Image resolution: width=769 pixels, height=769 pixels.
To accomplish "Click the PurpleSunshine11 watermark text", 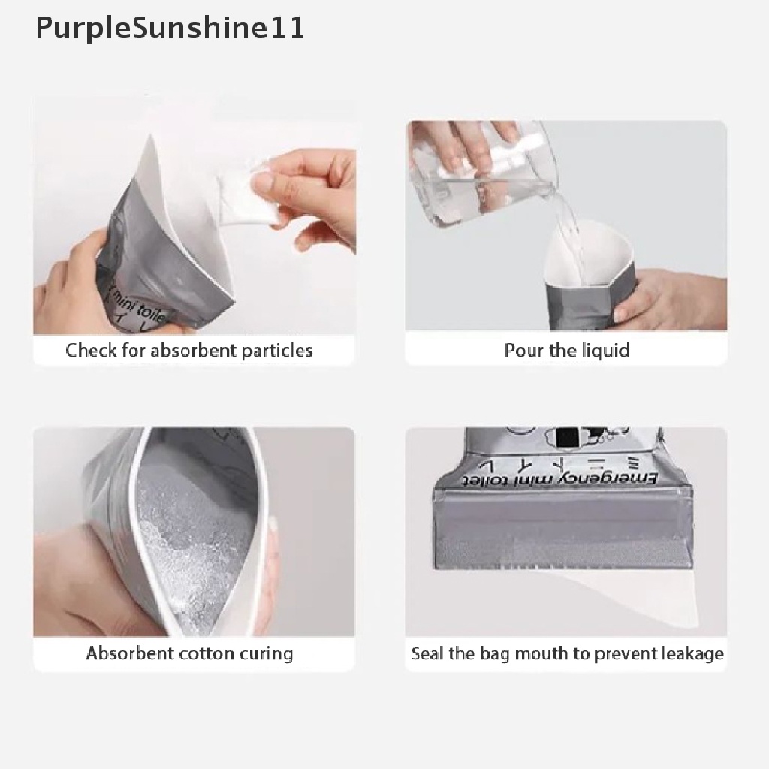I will [170, 29].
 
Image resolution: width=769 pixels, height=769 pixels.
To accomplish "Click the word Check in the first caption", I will [91, 351].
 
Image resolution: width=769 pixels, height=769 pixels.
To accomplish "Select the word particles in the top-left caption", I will [277, 351].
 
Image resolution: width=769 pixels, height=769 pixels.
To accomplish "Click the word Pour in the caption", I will [520, 351].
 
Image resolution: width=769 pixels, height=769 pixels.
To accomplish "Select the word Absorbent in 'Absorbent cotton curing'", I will [129, 653].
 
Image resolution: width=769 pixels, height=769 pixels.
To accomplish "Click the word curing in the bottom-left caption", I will [266, 653].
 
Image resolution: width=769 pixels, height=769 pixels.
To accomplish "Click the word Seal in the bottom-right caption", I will [428, 653].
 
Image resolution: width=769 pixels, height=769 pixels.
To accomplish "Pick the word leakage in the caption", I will [692, 653].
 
